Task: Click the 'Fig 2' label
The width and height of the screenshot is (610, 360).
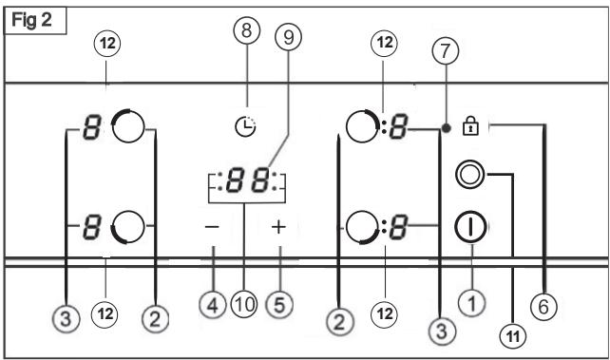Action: pyautogui.click(x=32, y=19)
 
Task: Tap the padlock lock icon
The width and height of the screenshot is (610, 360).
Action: pyautogui.click(x=467, y=124)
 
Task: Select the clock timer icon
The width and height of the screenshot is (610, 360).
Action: pyautogui.click(x=245, y=123)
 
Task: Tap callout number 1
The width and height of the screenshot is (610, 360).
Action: pyautogui.click(x=472, y=302)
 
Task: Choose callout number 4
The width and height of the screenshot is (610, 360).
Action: pyautogui.click(x=213, y=304)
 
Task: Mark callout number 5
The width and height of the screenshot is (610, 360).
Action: pyautogui.click(x=278, y=304)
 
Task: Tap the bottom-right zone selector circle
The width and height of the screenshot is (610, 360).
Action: pyautogui.click(x=363, y=228)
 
